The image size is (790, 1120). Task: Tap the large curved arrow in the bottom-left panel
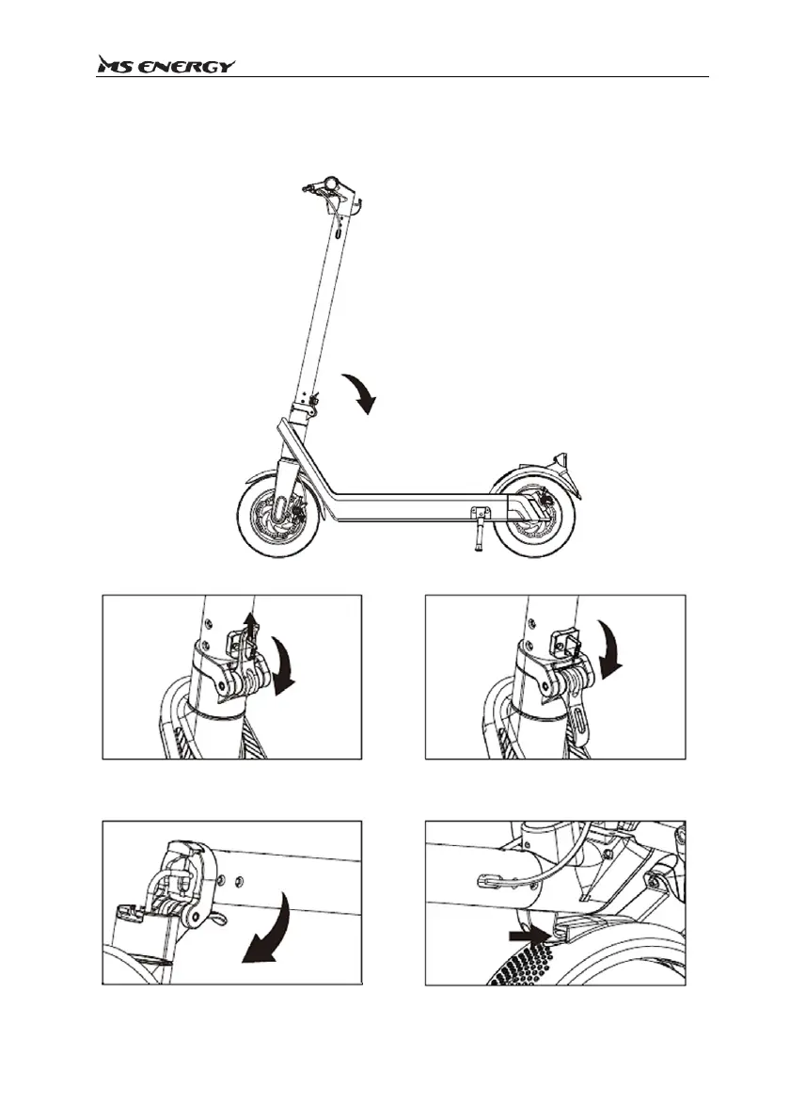click(x=268, y=933)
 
